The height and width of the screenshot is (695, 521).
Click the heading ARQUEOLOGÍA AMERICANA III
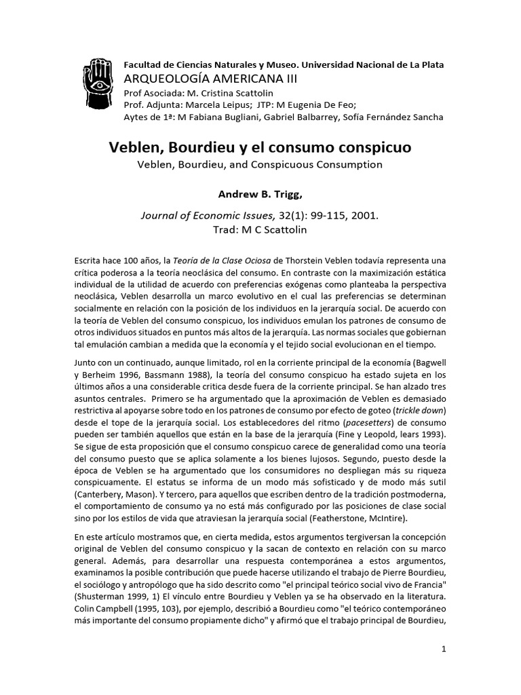point(200,79)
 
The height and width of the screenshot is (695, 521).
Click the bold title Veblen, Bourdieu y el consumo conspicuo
point(260,147)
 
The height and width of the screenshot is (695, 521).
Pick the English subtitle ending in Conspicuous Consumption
point(260,164)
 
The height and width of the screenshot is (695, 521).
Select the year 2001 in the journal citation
point(364,217)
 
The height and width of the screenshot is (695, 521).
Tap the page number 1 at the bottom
point(443,649)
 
